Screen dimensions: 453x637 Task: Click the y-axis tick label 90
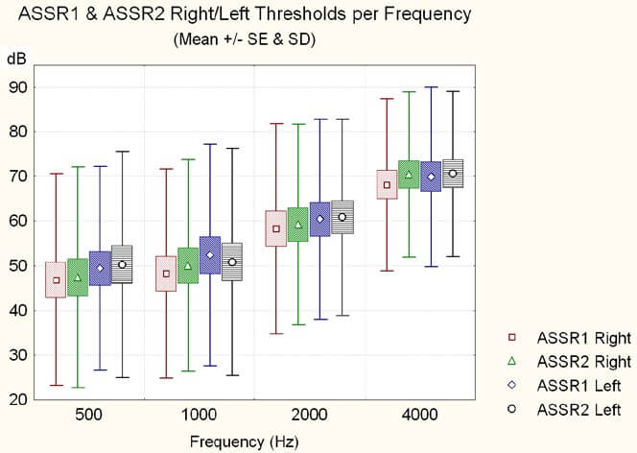tap(16, 87)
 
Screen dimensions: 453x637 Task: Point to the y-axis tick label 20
tap(16, 400)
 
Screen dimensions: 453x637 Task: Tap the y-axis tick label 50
tap(16, 266)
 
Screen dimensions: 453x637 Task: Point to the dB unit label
tap(16, 59)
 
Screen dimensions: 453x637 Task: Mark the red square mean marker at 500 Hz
tap(57, 280)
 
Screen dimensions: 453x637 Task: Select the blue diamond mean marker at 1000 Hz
tap(210, 255)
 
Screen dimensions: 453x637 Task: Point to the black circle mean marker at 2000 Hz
tap(342, 217)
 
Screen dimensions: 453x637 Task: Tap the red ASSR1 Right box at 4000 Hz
tap(388, 184)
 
